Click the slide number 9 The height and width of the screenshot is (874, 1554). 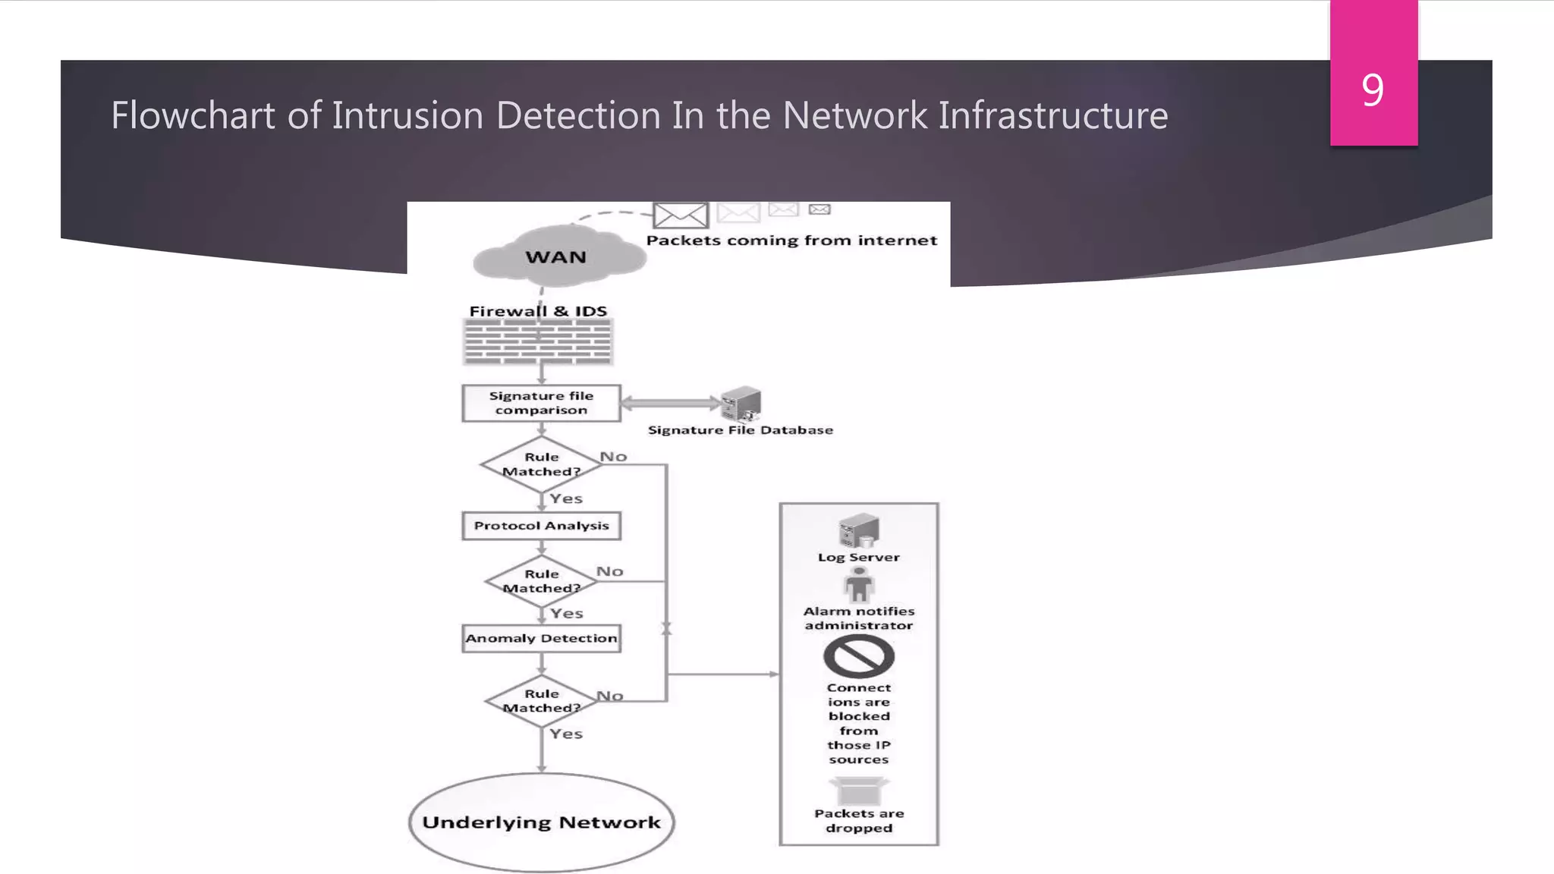1372,90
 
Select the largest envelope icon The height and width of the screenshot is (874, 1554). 681,215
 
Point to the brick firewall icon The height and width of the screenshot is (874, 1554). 538,341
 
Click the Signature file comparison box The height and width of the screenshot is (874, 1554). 541,403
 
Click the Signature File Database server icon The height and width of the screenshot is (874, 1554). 741,403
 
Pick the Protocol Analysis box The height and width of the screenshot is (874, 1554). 541,526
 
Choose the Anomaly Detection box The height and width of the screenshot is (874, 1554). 541,638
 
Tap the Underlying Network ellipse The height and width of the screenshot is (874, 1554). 541,822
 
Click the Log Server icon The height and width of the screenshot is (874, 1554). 858,530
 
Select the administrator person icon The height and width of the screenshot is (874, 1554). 858,586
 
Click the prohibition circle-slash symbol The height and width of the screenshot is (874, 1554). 858,656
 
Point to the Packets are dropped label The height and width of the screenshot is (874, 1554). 858,820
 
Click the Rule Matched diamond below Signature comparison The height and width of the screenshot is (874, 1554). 541,464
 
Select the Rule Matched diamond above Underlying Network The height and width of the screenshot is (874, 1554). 541,701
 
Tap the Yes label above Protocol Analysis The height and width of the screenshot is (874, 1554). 566,498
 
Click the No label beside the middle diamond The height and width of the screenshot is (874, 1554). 609,571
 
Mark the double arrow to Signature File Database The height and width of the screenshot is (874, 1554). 670,404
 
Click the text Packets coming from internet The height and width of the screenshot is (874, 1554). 791,241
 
